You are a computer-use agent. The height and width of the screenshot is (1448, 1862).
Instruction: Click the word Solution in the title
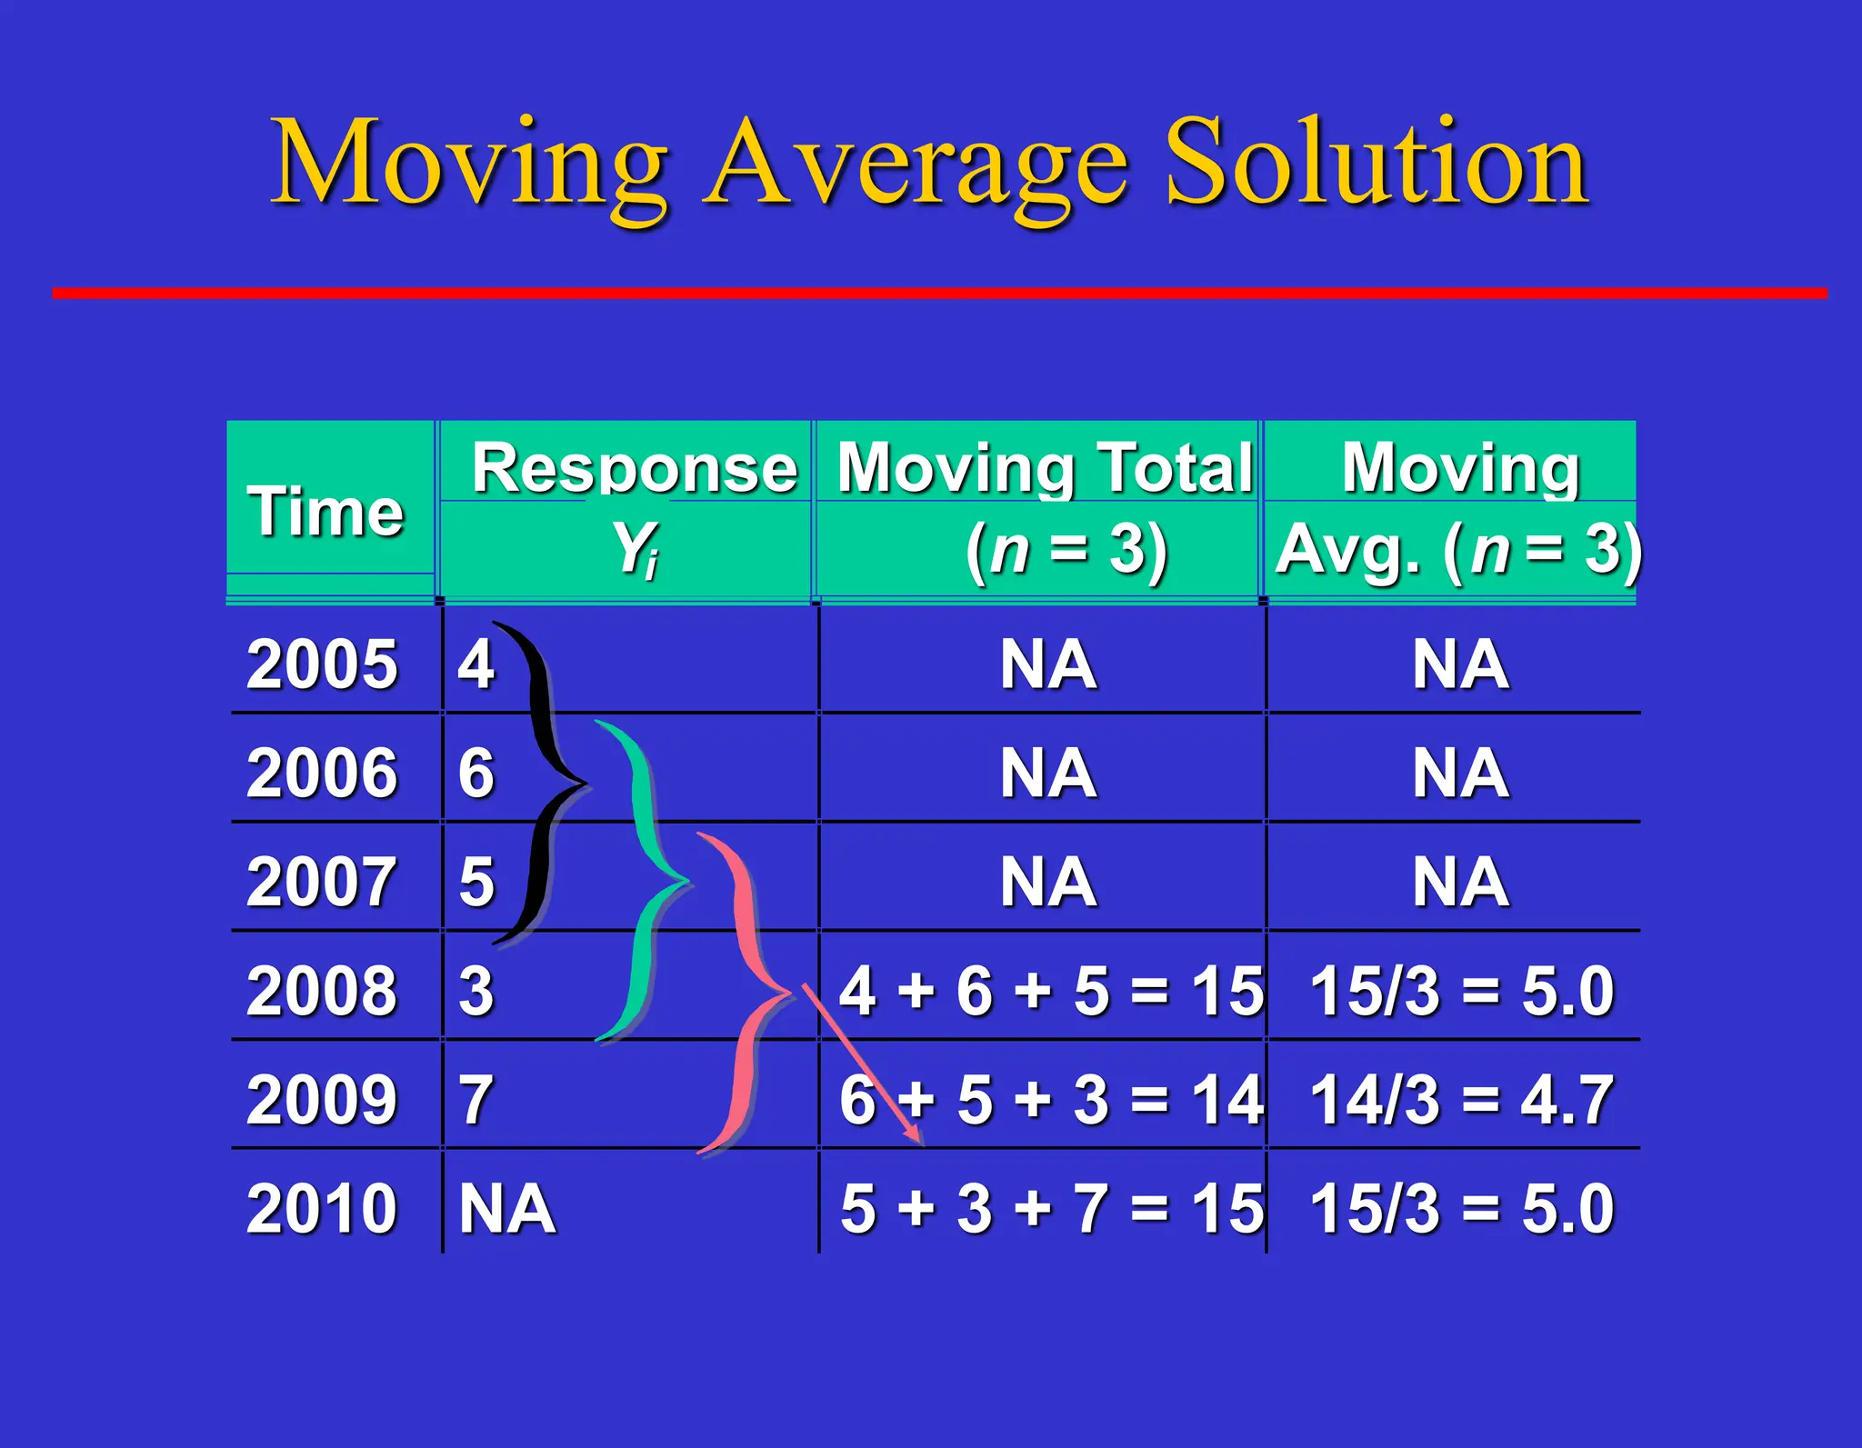1376,164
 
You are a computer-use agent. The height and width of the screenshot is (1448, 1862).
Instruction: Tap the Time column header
325,511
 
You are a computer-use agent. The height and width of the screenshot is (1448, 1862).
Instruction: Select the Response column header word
634,468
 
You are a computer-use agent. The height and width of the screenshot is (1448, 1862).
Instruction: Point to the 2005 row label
322,664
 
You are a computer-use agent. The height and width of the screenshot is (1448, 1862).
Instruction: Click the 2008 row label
322,990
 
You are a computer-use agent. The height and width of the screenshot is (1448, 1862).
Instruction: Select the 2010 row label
322,1208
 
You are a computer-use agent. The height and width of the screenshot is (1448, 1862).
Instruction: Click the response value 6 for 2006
476,773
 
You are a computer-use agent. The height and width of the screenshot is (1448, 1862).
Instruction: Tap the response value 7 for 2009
476,1099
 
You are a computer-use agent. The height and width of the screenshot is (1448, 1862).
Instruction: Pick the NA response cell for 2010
506,1208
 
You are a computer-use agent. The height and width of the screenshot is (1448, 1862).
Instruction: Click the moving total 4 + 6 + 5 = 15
1051,990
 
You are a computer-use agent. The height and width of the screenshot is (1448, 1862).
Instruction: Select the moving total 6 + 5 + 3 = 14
1051,1099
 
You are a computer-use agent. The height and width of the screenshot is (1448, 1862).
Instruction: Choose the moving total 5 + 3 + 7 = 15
1051,1208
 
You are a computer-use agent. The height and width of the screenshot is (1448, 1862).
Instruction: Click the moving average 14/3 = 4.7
1461,1099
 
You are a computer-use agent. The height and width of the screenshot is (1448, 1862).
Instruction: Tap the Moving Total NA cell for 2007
1047,882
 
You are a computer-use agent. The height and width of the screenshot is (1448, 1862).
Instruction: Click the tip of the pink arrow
920,1143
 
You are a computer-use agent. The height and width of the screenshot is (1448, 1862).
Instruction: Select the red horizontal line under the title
938,293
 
